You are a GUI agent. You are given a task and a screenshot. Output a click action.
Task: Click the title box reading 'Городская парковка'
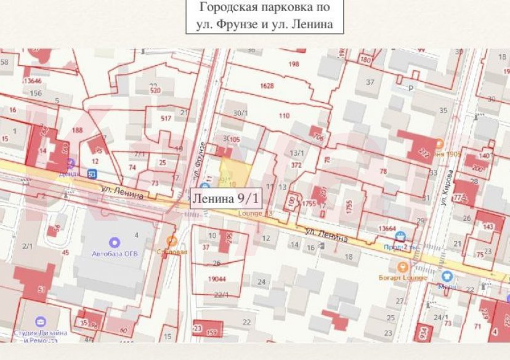click(264, 16)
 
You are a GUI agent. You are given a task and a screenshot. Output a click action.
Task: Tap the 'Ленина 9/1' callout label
click(226, 198)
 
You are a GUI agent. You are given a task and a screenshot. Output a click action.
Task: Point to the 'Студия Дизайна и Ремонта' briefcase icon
click(41, 321)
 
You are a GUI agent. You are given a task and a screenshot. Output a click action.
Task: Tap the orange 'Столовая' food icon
click(172, 241)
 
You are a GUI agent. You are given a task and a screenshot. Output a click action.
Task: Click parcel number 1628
click(267, 86)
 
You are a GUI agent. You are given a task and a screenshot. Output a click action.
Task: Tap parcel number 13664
click(387, 228)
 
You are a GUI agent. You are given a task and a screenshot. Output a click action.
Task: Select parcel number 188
click(77, 130)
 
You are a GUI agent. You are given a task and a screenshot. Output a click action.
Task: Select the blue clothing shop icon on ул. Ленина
click(447, 276)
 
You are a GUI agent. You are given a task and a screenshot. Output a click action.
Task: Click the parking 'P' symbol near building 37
click(410, 88)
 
